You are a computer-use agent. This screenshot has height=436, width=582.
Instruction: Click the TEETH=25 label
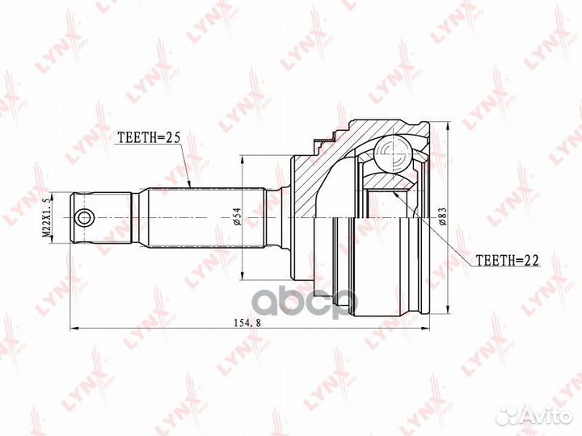click(149, 137)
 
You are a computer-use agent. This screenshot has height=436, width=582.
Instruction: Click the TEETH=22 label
click(507, 261)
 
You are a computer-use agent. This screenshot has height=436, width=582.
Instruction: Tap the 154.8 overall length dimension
click(247, 322)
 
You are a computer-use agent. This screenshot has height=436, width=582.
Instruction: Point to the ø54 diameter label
click(237, 216)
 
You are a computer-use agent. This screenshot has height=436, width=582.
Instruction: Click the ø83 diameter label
click(442, 216)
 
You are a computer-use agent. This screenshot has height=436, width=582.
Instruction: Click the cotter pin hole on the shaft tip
click(84, 217)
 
